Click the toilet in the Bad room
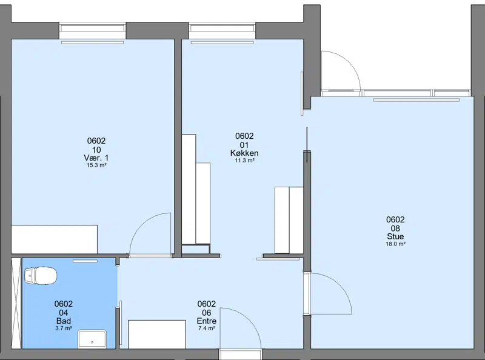pyautogui.click(x=41, y=276)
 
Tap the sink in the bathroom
pyautogui.click(x=92, y=339)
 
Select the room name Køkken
pyautogui.click(x=244, y=153)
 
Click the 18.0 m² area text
pyautogui.click(x=395, y=244)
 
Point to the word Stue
pyautogui.click(x=395, y=236)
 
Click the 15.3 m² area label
pyautogui.click(x=96, y=165)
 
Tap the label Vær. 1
pyautogui.click(x=96, y=158)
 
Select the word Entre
pyautogui.click(x=207, y=321)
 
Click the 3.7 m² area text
pyautogui.click(x=64, y=328)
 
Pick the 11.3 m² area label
pyautogui.click(x=244, y=161)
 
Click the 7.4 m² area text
pyautogui.click(x=207, y=328)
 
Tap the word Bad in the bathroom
pyautogui.click(x=64, y=321)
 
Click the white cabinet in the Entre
pyautogui.click(x=157, y=335)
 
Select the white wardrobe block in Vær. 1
pyautogui.click(x=55, y=239)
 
